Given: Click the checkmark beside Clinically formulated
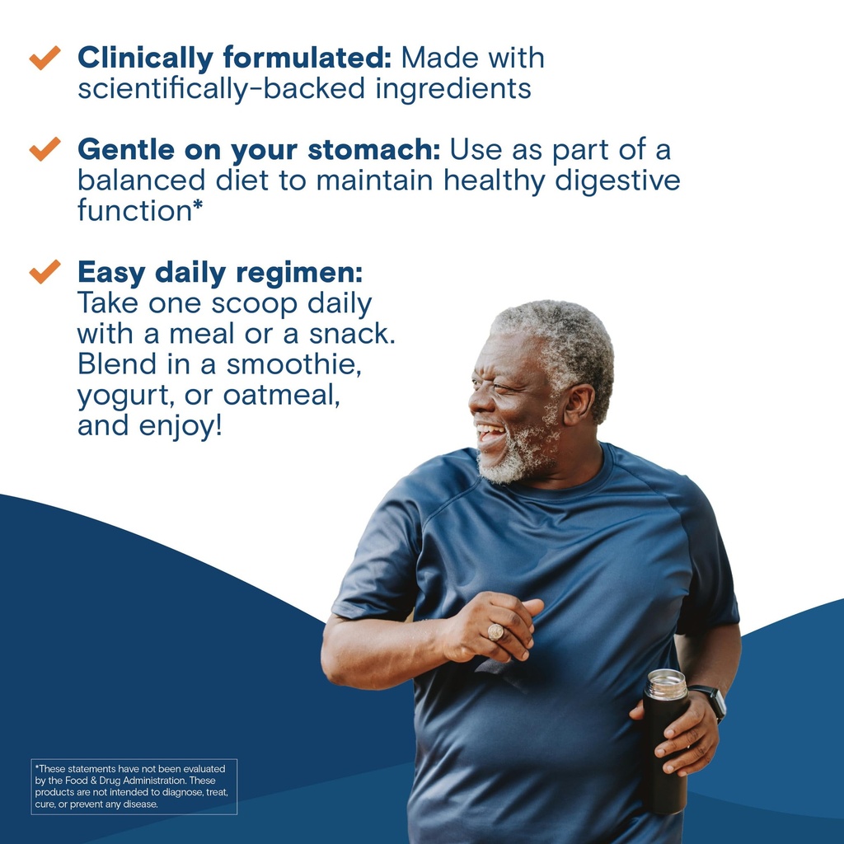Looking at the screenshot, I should pos(45,58).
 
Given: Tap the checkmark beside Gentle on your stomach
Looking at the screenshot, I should pos(45,148).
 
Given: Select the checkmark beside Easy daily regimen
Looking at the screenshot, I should pos(45,270).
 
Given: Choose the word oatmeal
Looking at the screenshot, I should pos(281,395).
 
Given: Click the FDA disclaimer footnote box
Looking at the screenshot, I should pos(134,786).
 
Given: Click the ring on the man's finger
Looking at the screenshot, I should pos(496,632).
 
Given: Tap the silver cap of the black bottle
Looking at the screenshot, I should pos(666,684).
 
